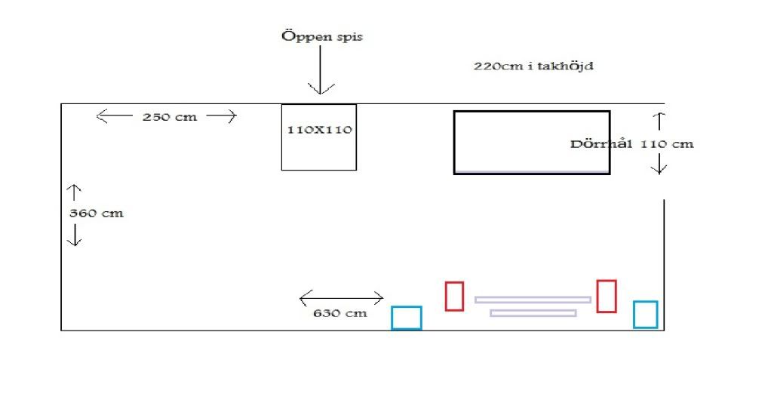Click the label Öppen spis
(321, 36)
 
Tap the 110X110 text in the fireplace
(320, 130)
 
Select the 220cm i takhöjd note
(534, 66)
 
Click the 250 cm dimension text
(170, 117)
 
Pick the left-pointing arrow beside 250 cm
(112, 115)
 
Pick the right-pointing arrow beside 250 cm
(222, 115)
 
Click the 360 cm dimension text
(96, 214)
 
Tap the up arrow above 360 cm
(75, 192)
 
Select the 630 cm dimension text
(340, 312)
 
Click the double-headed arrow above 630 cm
(341, 298)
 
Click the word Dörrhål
(601, 143)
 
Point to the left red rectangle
(454, 296)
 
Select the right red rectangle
(607, 296)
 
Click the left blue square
(407, 318)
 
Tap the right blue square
(645, 315)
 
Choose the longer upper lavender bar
(533, 300)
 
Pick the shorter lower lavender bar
(533, 312)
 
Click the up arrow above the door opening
(659, 121)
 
